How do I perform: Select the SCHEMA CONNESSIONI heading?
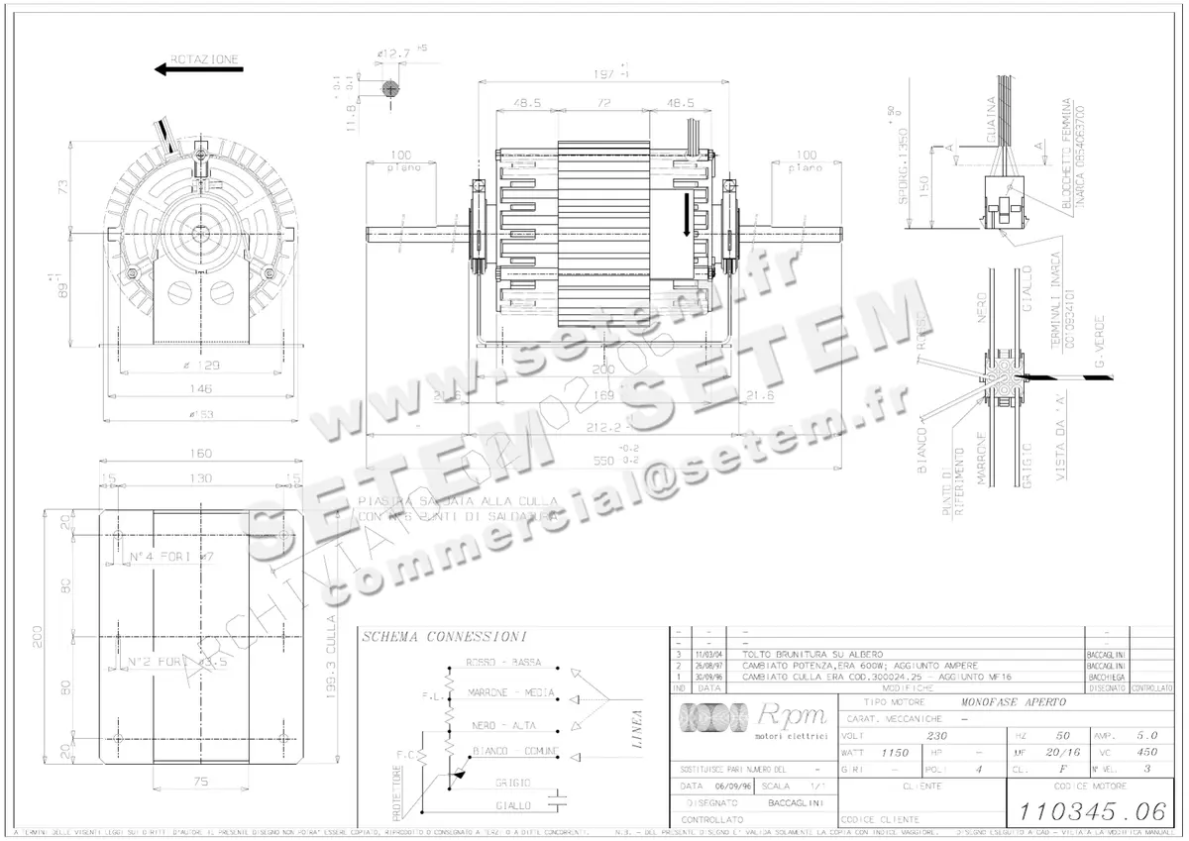click(443, 636)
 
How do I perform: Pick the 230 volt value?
click(936, 736)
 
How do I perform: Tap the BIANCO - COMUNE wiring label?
click(515, 750)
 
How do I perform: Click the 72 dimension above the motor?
click(599, 102)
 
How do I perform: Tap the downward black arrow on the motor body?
click(687, 216)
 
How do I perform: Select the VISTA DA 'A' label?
click(1064, 468)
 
